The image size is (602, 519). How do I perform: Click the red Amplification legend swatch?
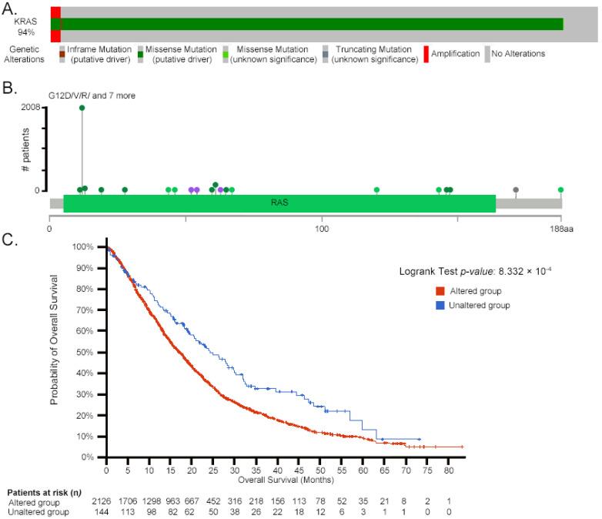pyautogui.click(x=426, y=54)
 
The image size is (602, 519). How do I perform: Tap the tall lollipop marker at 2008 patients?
pyautogui.click(x=82, y=108)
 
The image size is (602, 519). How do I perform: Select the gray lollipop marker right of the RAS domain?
pyautogui.click(x=516, y=189)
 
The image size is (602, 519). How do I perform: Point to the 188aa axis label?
pyautogui.click(x=560, y=228)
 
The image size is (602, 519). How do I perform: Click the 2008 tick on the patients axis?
pyautogui.click(x=31, y=108)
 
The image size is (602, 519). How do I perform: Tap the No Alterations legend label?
pyautogui.click(x=519, y=54)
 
